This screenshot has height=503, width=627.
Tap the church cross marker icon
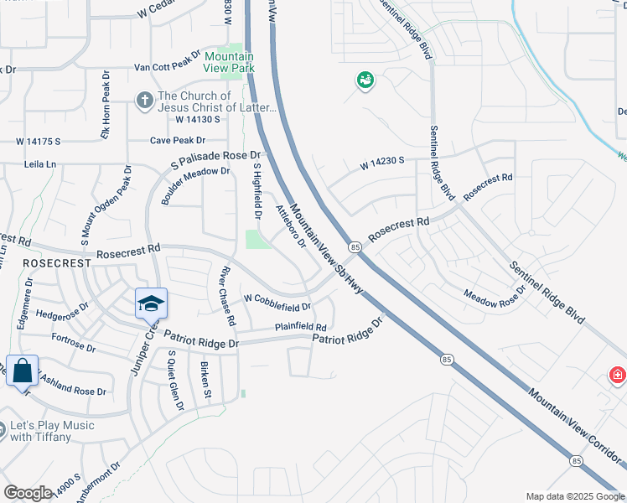tap(144, 101)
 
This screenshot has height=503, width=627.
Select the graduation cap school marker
tap(151, 303)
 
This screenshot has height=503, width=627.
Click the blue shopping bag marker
tap(23, 370)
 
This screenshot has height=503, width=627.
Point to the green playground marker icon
tap(365, 80)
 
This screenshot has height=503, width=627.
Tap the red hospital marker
tap(618, 374)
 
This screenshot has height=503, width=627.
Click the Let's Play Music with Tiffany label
tap(51, 431)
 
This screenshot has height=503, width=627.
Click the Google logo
tap(28, 493)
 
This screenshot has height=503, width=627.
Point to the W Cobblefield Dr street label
tap(277, 298)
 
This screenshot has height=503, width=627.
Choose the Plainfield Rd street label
tap(300, 327)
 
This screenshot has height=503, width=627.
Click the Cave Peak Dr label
tap(178, 140)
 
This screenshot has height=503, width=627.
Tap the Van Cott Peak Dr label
tap(168, 68)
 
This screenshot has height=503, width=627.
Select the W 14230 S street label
tap(383, 164)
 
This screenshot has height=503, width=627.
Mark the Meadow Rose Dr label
tap(495, 298)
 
